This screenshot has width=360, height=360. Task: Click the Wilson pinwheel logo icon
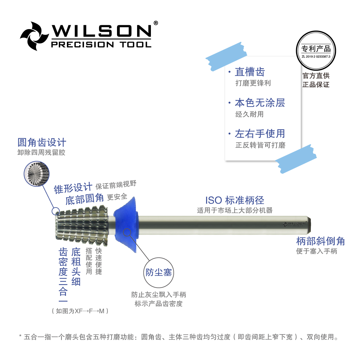[x=34, y=36]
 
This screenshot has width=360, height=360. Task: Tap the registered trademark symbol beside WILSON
[x=155, y=23]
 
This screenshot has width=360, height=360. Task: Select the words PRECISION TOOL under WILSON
[x=101, y=45]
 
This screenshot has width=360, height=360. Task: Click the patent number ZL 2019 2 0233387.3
[x=316, y=56]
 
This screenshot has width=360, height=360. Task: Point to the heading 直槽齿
[x=250, y=72]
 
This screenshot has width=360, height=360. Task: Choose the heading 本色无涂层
[x=260, y=103]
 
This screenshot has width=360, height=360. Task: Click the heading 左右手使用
[x=260, y=133]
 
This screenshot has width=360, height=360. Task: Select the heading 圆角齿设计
[x=42, y=142]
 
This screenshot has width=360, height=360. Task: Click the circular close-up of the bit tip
[x=37, y=174]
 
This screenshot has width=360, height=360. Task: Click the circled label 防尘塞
[x=159, y=272]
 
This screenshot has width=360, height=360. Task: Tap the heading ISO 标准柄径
[x=235, y=200]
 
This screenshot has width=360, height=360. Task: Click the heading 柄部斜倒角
[x=320, y=241]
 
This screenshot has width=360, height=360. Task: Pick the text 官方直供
[x=316, y=76]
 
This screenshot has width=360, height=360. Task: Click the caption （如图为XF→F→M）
[x=80, y=311]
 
